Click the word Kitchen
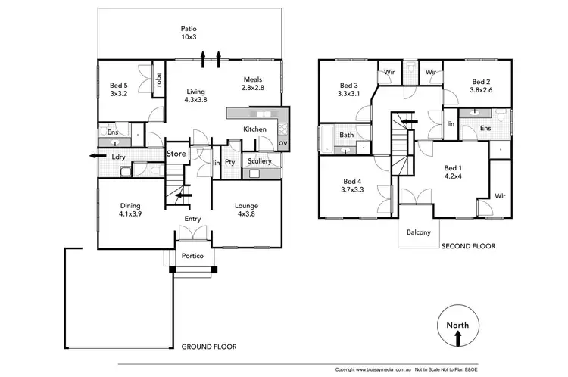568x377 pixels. point(254,129)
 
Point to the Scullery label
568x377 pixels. point(259,161)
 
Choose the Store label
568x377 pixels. point(176,155)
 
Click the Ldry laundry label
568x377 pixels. point(119,157)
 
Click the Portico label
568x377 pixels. point(192,256)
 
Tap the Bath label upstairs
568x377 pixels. point(347,136)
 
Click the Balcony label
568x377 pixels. point(419,232)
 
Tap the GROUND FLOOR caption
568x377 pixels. point(208,347)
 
